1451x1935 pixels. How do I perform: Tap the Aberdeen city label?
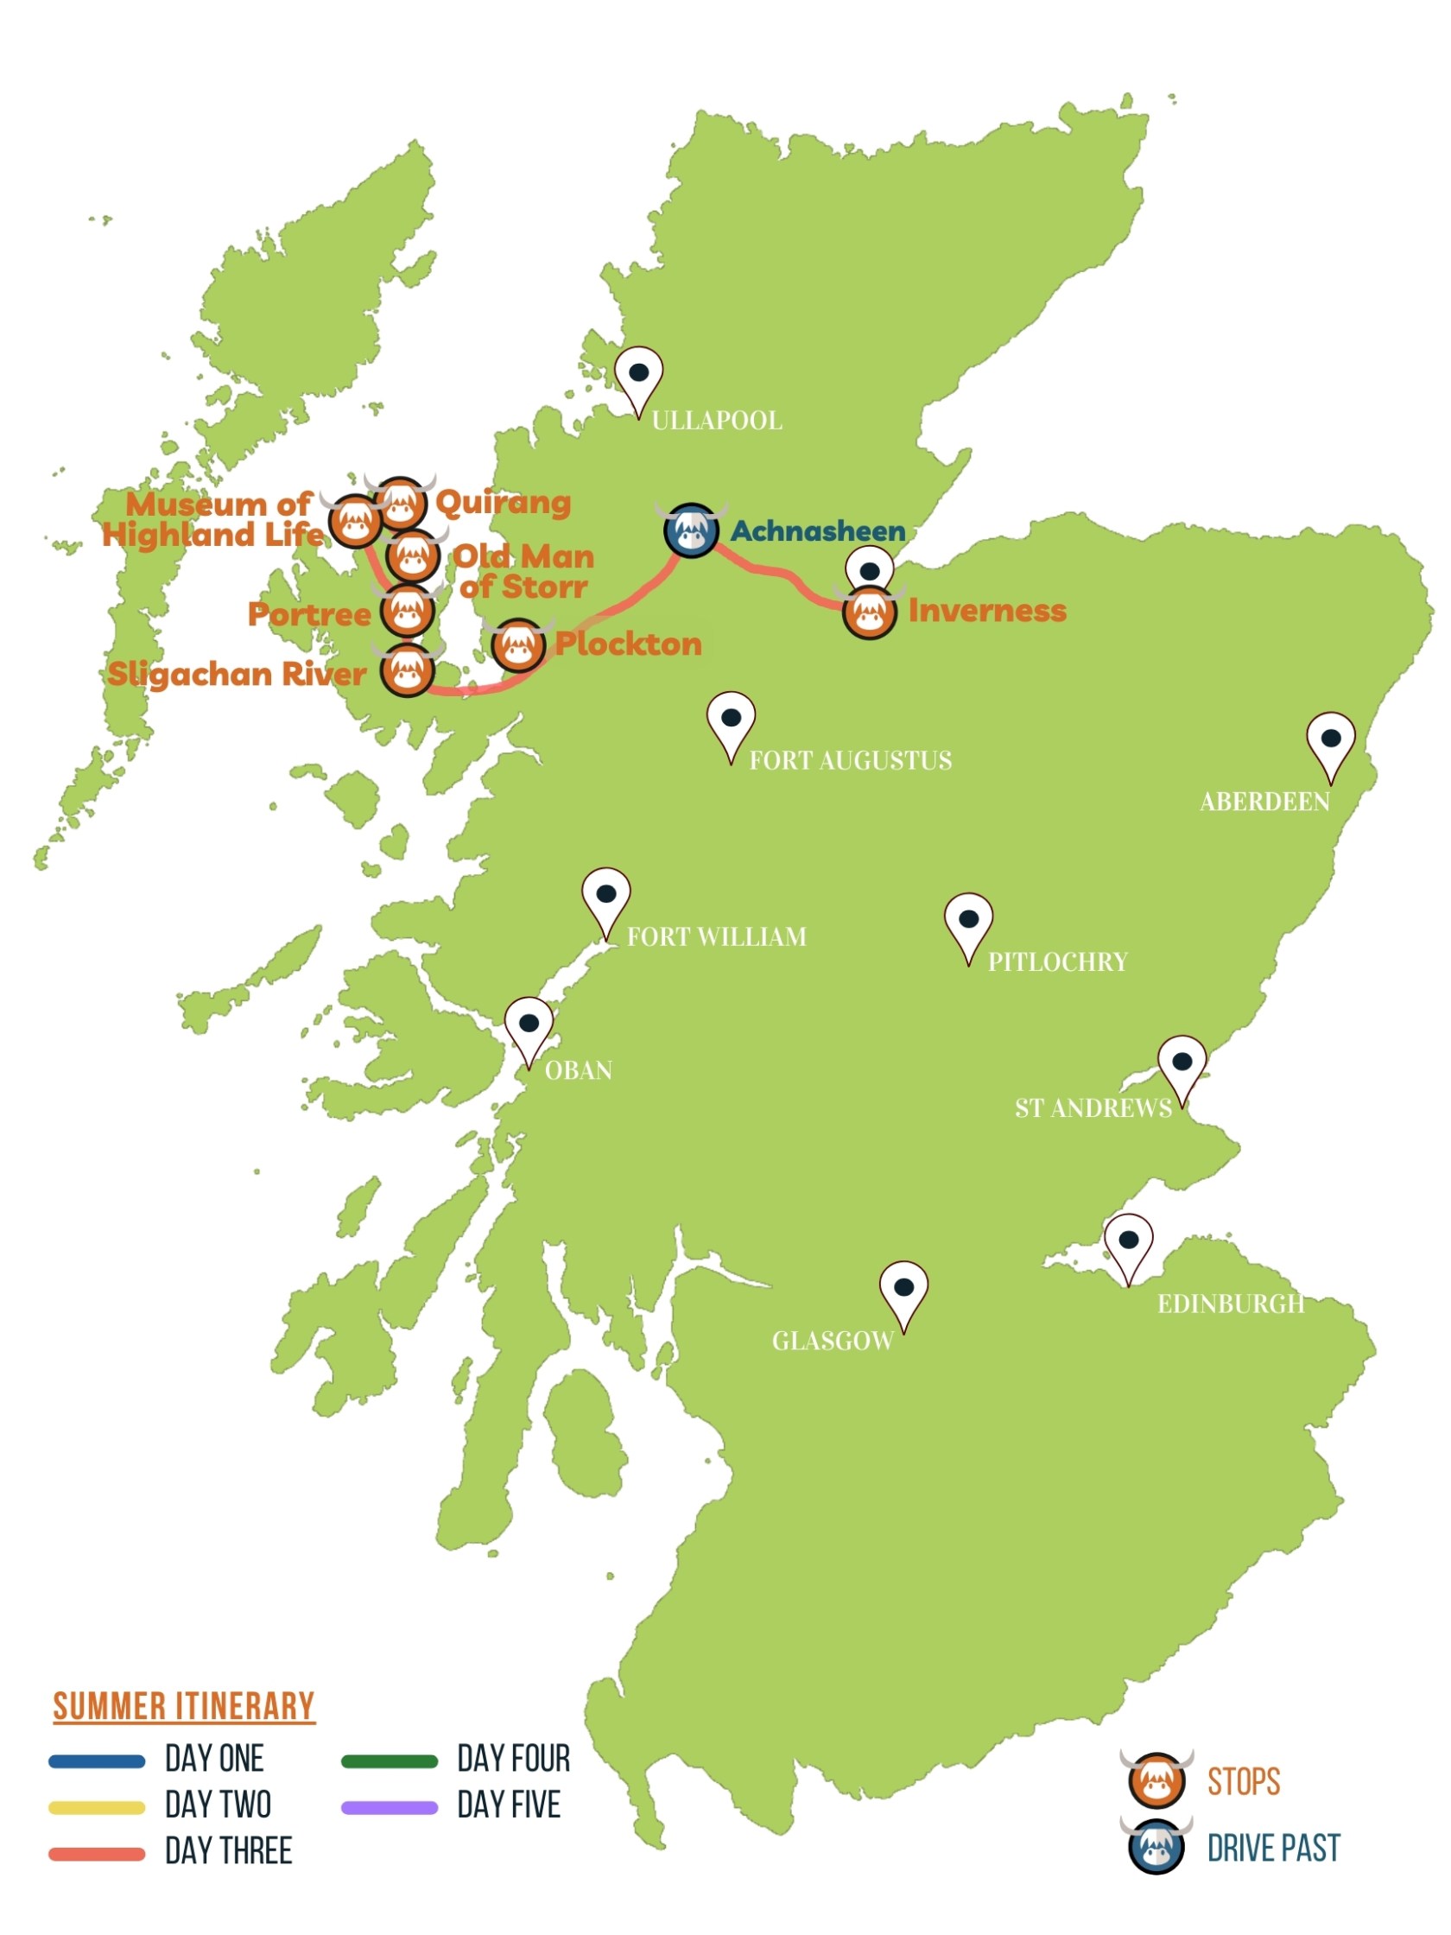pos(1264,802)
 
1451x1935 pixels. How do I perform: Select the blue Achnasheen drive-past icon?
pos(691,530)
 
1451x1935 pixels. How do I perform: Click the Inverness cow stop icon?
pos(869,612)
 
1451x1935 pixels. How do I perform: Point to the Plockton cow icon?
pos(517,645)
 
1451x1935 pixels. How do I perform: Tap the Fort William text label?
pos(716,937)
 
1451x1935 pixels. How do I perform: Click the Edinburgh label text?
pos(1230,1304)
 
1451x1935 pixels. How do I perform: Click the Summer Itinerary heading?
pos(184,1707)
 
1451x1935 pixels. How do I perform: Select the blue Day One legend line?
pos(96,1761)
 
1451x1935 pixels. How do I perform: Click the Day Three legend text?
pos(228,1852)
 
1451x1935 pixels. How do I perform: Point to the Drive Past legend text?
pos(1272,1849)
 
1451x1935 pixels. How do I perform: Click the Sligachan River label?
pos(236,675)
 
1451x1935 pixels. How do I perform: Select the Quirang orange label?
pos(502,503)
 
